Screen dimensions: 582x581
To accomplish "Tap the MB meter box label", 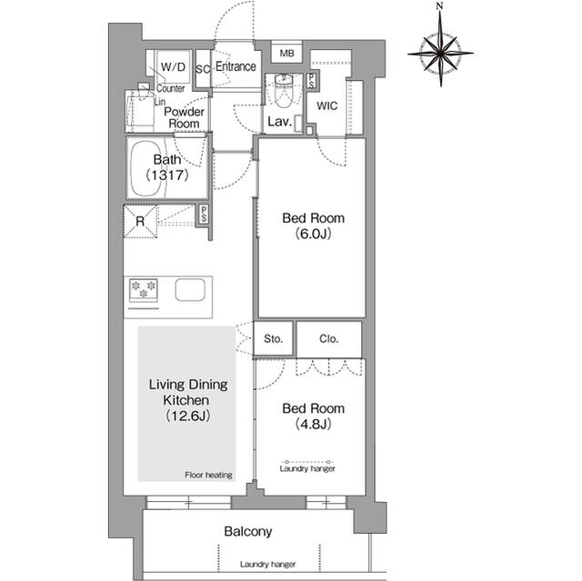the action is (x=287, y=54).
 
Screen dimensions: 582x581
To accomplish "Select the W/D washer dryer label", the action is (x=173, y=67).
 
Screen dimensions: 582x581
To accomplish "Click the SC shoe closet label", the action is (x=203, y=69).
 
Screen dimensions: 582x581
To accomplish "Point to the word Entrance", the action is (x=236, y=66).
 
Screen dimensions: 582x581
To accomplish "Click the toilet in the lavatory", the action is (x=284, y=90).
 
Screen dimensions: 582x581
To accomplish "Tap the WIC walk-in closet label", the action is (x=327, y=106).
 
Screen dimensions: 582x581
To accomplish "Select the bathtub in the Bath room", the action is (x=148, y=169).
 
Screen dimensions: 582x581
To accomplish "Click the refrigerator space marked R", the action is (x=140, y=222).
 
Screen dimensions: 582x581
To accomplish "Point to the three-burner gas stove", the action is (x=144, y=290).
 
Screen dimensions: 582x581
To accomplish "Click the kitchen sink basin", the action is (x=190, y=290).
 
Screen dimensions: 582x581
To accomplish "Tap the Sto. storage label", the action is (x=273, y=339).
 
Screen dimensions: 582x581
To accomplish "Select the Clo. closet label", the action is (x=329, y=339).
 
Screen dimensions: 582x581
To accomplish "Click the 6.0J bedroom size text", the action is (x=313, y=234).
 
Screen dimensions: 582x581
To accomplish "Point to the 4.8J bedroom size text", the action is (x=313, y=424).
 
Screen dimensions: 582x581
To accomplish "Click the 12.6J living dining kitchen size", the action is (x=188, y=416).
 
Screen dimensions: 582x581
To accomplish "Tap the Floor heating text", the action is (x=208, y=475).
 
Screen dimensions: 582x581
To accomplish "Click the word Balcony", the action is (x=248, y=532).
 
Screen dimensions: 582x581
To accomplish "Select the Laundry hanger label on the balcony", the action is (x=267, y=565).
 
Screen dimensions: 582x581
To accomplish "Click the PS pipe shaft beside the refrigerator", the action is (x=204, y=215).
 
